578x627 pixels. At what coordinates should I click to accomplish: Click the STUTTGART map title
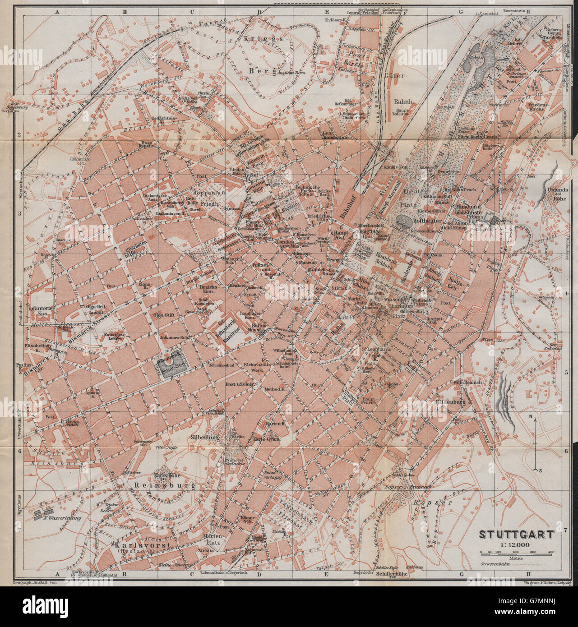coord(516,535)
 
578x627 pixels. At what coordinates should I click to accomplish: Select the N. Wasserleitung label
coord(63,518)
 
